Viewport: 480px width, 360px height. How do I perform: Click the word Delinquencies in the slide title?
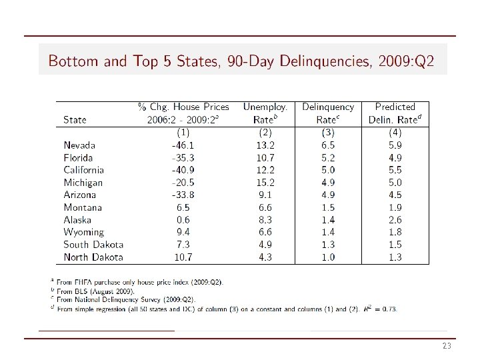[325, 62]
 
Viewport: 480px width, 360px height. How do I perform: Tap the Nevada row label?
[79, 145]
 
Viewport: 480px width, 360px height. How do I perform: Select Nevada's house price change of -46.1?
[183, 145]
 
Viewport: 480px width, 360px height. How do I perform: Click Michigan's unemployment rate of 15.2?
[265, 183]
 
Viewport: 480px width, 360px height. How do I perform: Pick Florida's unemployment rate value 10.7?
[265, 157]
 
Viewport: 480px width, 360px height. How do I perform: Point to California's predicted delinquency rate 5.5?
[395, 170]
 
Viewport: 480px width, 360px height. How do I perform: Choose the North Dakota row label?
[93, 257]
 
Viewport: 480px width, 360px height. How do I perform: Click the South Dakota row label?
[93, 245]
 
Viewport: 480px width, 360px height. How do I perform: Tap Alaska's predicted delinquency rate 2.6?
[395, 220]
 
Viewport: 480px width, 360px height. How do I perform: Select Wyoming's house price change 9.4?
[183, 232]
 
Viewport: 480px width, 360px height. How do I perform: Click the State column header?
[75, 120]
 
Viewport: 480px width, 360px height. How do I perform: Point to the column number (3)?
[327, 132]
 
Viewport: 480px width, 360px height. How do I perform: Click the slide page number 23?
[447, 347]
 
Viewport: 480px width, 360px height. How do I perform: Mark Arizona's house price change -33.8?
[183, 195]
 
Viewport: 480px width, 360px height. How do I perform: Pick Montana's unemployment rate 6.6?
[265, 207]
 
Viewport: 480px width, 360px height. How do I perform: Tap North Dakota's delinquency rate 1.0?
[327, 257]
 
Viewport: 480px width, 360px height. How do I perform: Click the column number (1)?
[183, 132]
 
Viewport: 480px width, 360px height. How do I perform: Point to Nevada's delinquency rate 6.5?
[327, 145]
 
